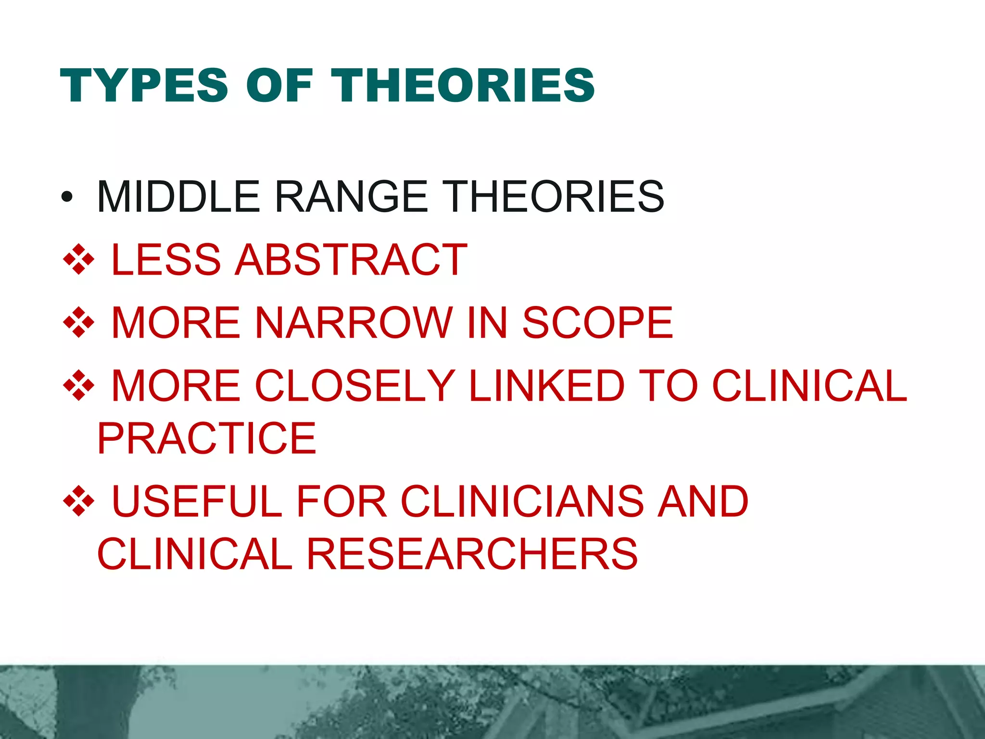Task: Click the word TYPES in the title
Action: click(x=144, y=86)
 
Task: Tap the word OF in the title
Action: click(x=279, y=86)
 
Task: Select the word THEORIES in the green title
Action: click(x=463, y=86)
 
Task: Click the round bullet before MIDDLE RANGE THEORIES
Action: click(x=67, y=197)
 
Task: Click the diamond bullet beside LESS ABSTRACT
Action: click(x=78, y=260)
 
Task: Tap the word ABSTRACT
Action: click(x=351, y=260)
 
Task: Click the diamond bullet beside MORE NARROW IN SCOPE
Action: click(x=78, y=322)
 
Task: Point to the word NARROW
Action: click(x=354, y=322)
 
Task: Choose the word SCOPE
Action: click(x=597, y=322)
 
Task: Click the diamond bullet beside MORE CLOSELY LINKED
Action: click(x=78, y=385)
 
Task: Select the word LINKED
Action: click(x=546, y=385)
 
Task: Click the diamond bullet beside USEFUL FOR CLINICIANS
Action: click(x=78, y=501)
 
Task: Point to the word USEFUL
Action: click(x=197, y=501)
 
